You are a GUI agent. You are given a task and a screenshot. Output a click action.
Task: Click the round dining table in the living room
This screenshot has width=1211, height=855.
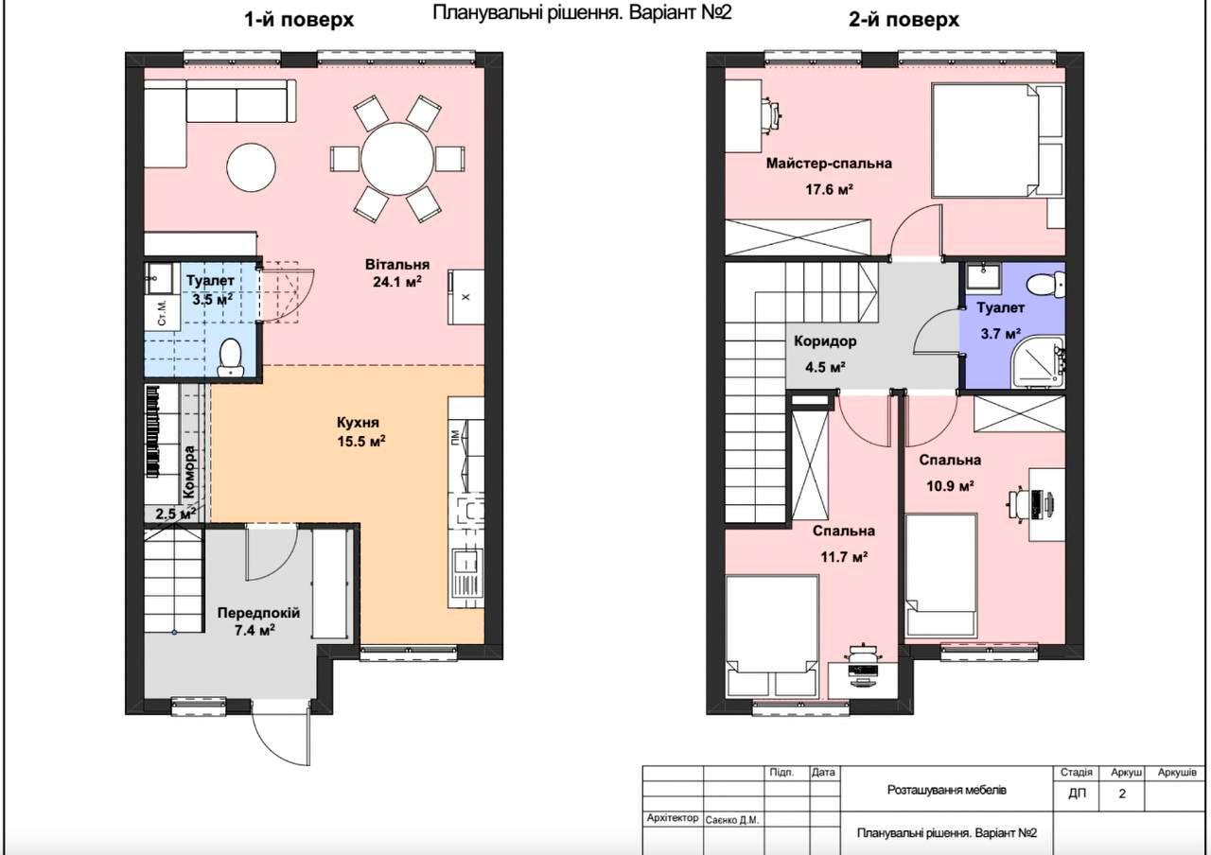coord(397,159)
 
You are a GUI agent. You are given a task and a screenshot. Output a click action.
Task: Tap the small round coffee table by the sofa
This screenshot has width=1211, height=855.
coord(251,167)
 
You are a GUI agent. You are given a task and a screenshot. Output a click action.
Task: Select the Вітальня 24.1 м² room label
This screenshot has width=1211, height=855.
coord(397,273)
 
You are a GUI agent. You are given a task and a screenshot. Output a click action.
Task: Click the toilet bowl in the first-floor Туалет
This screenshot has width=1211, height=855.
coord(231,358)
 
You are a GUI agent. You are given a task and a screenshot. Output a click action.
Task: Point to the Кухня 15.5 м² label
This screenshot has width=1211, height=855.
coord(361,432)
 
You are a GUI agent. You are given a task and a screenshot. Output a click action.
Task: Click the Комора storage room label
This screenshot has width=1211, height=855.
coord(189,471)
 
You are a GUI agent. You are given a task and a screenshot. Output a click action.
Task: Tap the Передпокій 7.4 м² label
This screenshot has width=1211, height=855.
coord(258,621)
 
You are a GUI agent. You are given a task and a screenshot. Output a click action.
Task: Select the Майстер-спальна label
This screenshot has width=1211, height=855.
coord(829,164)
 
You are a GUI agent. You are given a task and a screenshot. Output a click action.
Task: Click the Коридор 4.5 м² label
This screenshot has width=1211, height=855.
coord(825,354)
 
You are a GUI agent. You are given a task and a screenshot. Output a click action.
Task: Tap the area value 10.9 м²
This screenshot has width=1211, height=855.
coord(950,486)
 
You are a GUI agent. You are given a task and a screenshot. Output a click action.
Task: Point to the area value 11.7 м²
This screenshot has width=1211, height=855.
coord(844,556)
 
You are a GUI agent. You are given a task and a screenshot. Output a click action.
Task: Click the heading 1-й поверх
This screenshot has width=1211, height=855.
coord(299,20)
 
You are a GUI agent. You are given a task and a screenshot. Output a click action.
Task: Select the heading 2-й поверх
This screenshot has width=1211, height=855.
coord(904,20)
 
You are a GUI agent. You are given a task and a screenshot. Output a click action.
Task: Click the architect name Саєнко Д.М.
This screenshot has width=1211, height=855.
coord(732,820)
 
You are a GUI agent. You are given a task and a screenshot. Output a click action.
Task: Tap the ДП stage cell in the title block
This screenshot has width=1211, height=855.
coord(1077,794)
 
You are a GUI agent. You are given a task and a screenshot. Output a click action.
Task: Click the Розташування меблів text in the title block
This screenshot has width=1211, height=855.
coord(947,790)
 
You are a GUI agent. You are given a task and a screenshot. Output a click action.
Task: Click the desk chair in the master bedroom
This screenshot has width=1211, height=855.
coord(771,114)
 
